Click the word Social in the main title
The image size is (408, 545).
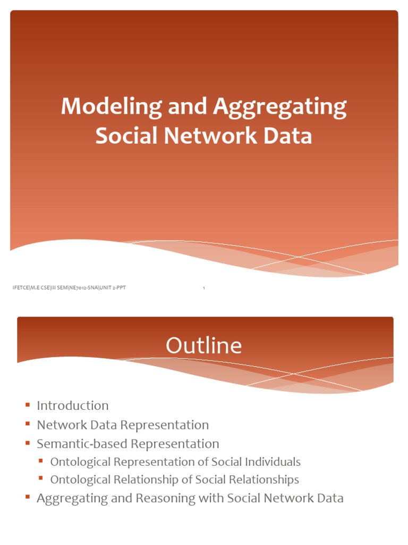tap(127, 136)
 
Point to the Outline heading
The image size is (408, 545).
tap(203, 346)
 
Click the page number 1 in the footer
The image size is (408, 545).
tap(204, 288)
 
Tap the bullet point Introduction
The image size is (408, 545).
tap(72, 406)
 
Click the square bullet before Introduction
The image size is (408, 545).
tap(27, 405)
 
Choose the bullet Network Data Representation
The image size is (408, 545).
tap(122, 425)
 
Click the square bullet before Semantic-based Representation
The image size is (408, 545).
tap(27, 443)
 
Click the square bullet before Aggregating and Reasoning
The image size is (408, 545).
tap(27, 498)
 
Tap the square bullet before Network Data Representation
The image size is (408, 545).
tap(27, 424)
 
